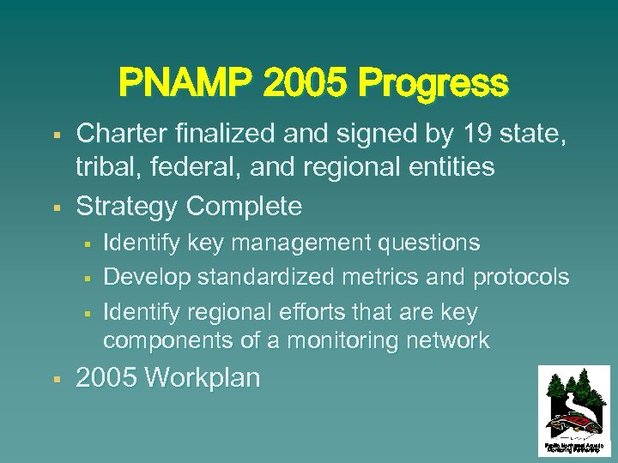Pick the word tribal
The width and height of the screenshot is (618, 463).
click(106, 166)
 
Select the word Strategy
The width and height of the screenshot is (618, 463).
click(127, 207)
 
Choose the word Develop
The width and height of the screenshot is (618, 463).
click(147, 277)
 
